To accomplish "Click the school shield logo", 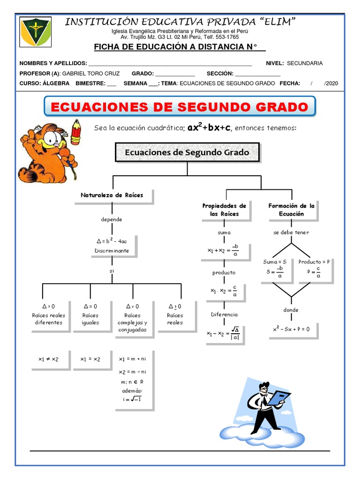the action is click(35, 31).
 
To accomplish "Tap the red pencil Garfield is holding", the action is click(75, 132).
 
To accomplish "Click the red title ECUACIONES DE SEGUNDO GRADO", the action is click(180, 107).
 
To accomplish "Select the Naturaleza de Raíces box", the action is click(114, 196).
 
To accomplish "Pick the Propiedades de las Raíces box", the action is click(226, 210).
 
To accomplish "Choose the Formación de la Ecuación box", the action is click(292, 210).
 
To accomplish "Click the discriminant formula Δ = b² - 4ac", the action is click(112, 240).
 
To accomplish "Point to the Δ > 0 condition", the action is click(49, 306).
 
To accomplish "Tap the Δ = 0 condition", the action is click(90, 306).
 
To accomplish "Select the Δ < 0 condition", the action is click(133, 306).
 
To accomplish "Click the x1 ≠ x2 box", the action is click(51, 360).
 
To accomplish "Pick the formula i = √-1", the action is click(132, 399).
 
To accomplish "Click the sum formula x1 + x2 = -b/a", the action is click(223, 250).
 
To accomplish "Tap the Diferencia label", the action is click(224, 315).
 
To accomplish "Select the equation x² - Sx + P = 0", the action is click(291, 329).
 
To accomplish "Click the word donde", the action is click(291, 310).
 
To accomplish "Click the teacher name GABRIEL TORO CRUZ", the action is click(91, 74).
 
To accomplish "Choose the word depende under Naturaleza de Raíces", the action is click(112, 219).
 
